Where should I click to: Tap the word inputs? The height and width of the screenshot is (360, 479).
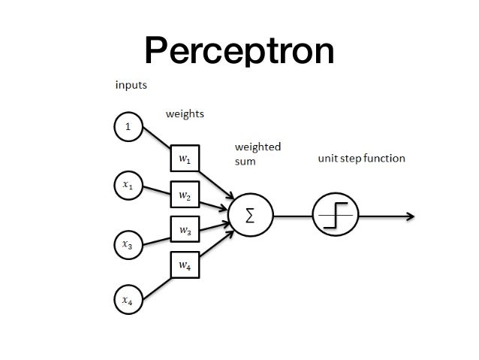click(130, 85)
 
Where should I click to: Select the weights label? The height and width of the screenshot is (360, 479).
click(185, 114)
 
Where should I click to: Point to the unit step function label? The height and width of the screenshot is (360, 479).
click(361, 159)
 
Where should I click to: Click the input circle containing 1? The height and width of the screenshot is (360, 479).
click(128, 127)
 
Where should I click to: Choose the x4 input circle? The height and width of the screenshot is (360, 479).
click(128, 300)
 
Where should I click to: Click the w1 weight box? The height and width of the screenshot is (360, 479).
click(184, 159)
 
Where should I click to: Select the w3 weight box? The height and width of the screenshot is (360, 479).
click(184, 229)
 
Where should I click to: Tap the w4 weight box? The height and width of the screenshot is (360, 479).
click(184, 264)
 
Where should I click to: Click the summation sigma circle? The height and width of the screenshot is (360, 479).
click(249, 216)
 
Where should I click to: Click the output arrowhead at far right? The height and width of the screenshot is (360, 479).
click(411, 216)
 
